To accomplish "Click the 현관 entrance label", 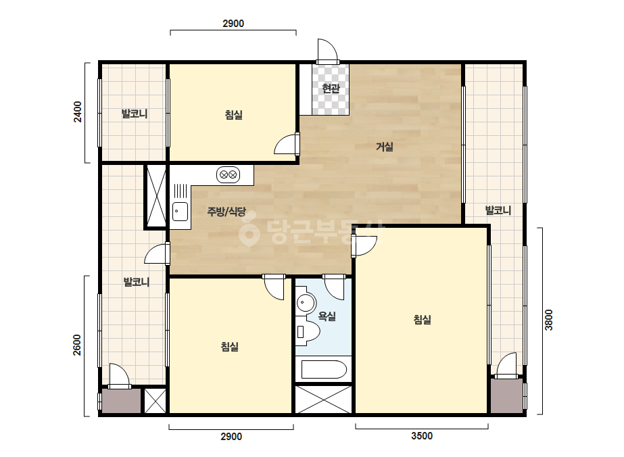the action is coord(331,88).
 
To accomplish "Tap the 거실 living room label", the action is coord(385,147).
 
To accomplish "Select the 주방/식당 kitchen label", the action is coord(226,212).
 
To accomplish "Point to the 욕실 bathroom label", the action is coord(327,316).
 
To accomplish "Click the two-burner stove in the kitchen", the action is coord(228,174).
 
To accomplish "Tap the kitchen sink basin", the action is coord(181,212).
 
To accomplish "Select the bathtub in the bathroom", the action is coord(324,369).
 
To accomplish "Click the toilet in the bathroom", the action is coord(308,331).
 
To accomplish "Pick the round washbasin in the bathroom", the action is coord(306,303).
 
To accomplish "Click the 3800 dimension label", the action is coord(549,320).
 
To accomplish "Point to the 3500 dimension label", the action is coord(422,436).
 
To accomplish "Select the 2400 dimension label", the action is coord(78,112).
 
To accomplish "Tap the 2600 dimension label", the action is coord(77,345).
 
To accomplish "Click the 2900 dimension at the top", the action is coord(233,24).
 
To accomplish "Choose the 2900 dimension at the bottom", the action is coord(231,437).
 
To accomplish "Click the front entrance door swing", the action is coord(329,51).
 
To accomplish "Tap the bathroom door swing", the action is coord(333,287).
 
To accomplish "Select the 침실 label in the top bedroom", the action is coord(234,115).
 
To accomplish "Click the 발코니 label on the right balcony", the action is coord(498,210).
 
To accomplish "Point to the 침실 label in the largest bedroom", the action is coord(423,320).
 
